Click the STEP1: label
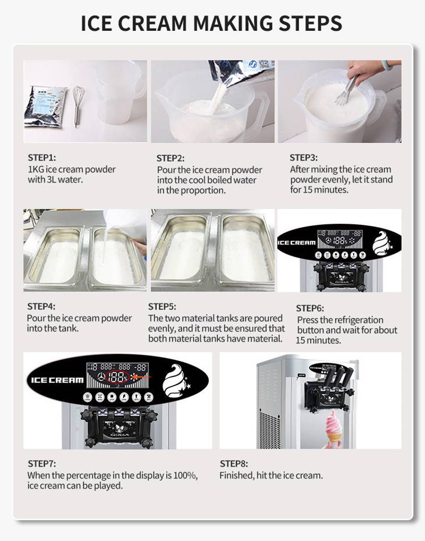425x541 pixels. (x=41, y=158)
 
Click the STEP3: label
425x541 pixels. (x=303, y=158)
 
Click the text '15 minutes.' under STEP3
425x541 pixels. (x=319, y=190)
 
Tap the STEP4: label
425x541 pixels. (x=41, y=306)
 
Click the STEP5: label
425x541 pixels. (x=162, y=307)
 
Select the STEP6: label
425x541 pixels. (x=310, y=308)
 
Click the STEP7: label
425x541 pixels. (x=41, y=464)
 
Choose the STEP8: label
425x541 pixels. (x=234, y=464)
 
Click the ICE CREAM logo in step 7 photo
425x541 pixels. (x=57, y=380)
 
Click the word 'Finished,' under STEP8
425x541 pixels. (x=236, y=475)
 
